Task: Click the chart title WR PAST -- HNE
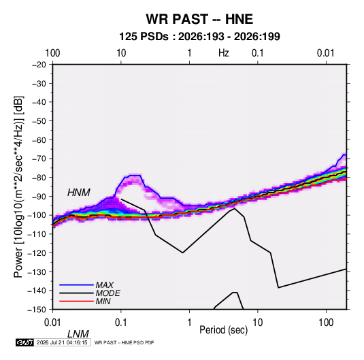[199, 19]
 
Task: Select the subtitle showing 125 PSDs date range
[199, 37]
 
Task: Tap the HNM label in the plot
[79, 193]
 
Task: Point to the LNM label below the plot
[78, 334]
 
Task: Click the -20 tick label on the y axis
[39, 65]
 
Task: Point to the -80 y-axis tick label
[39, 178]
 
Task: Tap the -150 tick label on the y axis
[37, 310]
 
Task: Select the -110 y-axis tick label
[37, 234]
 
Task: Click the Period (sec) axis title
[224, 330]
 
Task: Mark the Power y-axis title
[18, 186]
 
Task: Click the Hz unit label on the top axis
[224, 53]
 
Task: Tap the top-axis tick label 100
[52, 53]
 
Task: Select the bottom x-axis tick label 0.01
[52, 323]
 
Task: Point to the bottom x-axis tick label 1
[189, 323]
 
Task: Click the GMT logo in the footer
[24, 342]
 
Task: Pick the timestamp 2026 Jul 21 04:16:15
[62, 342]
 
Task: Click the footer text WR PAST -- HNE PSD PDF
[124, 342]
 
